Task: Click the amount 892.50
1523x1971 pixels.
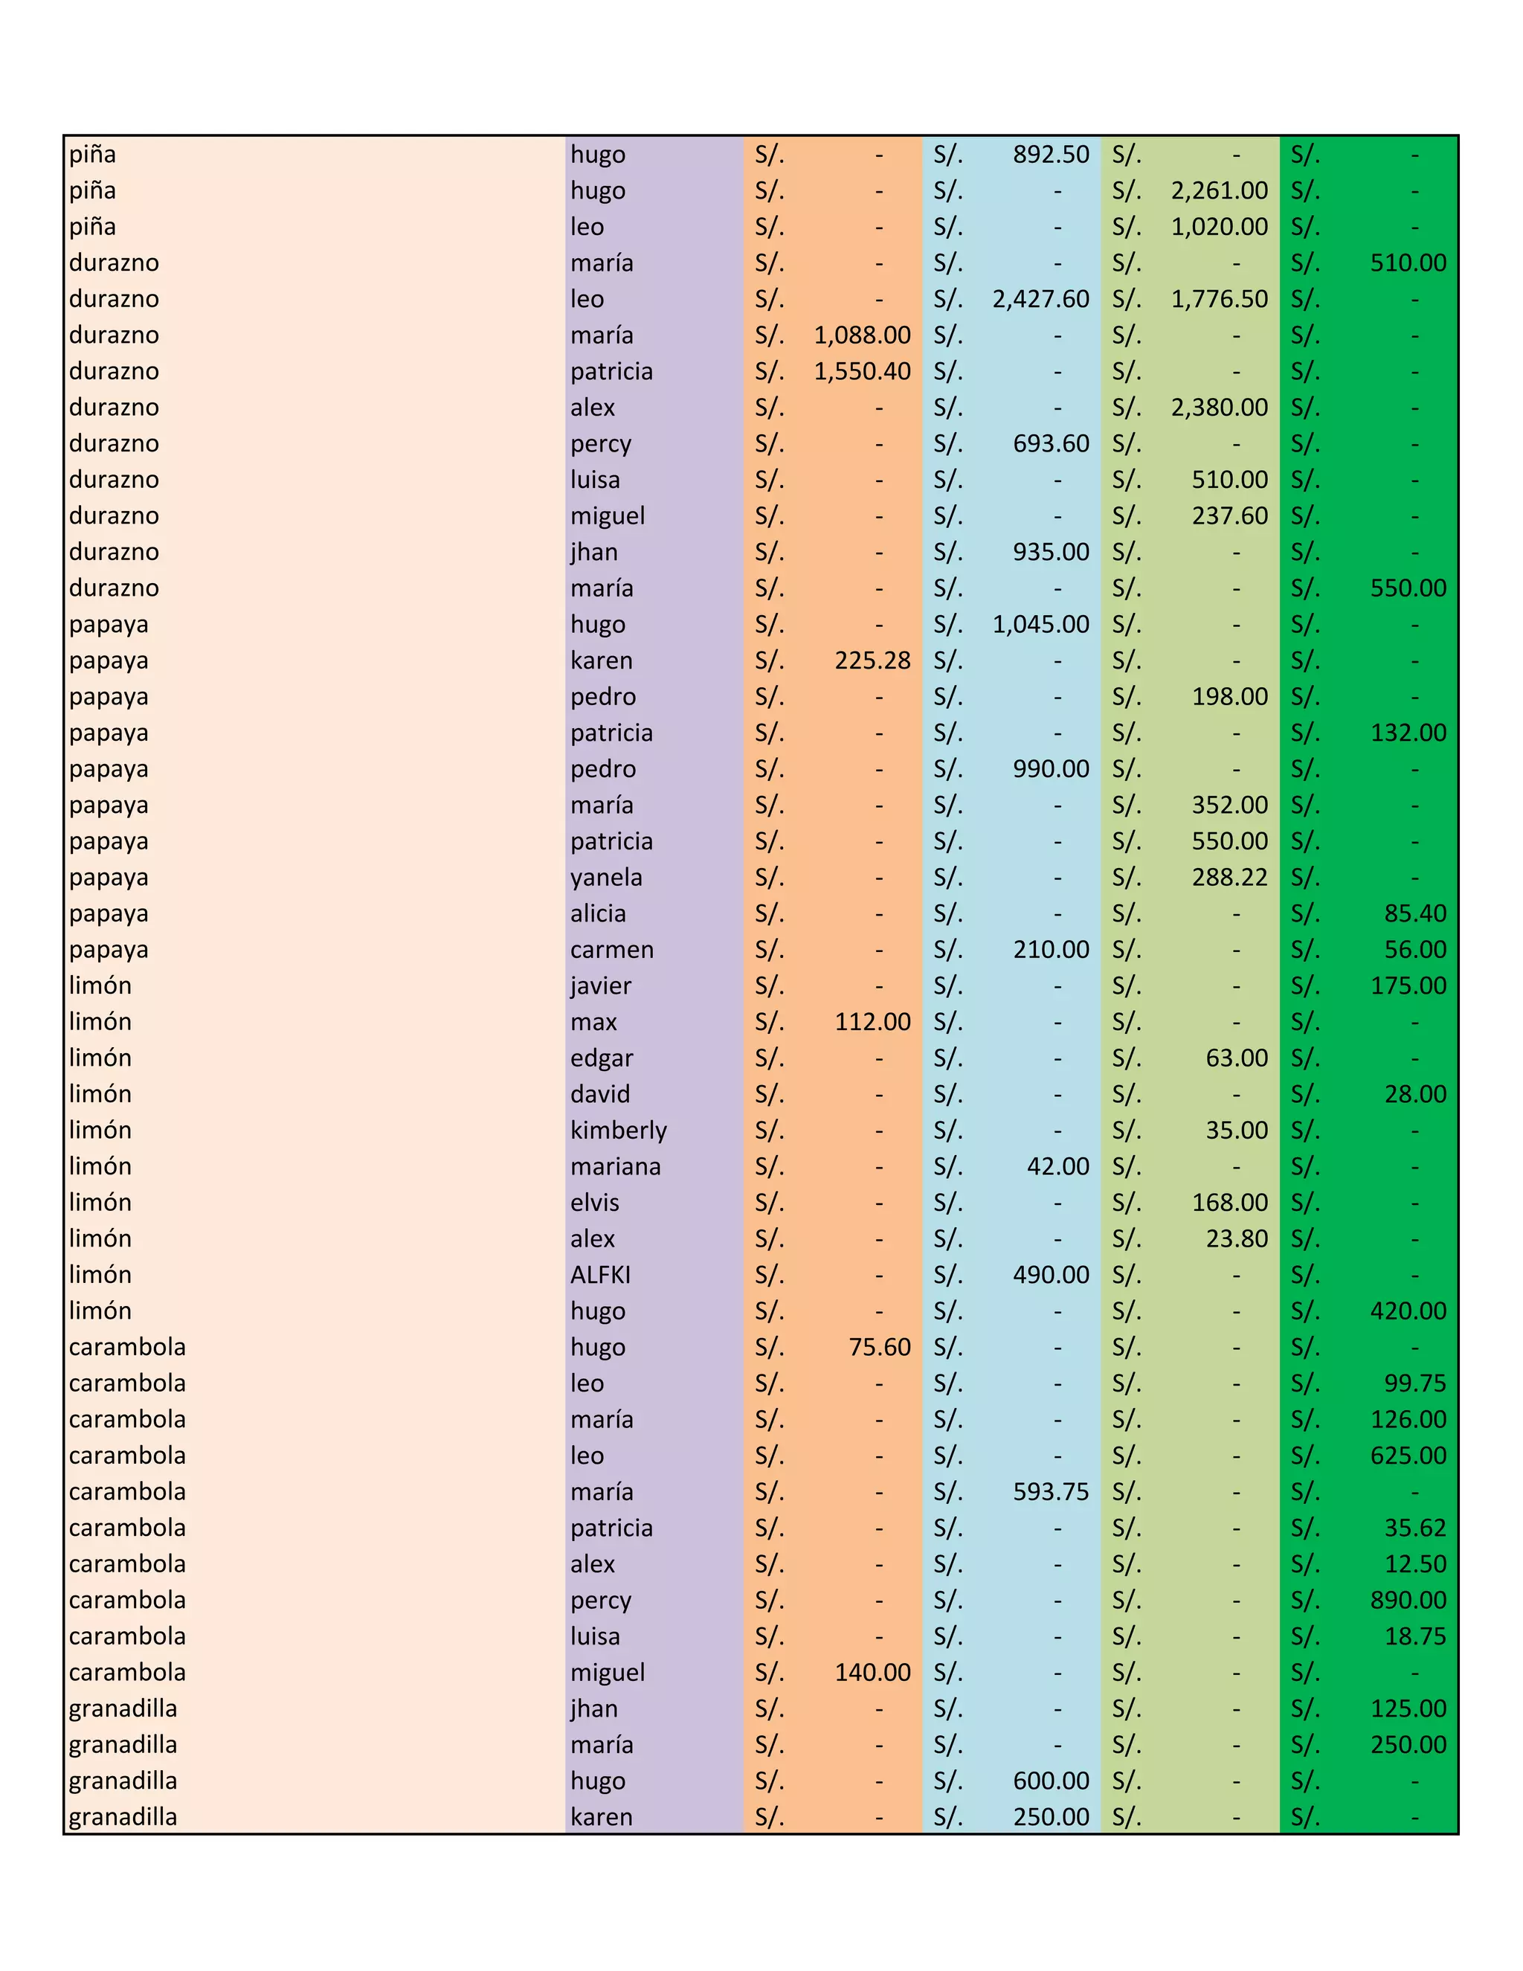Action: (1050, 154)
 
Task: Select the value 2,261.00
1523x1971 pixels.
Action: (1219, 190)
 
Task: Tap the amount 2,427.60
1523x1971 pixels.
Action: (1040, 299)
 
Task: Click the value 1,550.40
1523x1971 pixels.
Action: (862, 371)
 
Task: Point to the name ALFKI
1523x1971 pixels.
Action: (600, 1274)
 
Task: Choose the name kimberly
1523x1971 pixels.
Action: (618, 1130)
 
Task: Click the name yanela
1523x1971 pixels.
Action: (606, 877)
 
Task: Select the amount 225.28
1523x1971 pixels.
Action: (872, 660)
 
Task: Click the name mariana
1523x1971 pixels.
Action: (615, 1166)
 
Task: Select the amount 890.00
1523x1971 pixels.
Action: (1408, 1599)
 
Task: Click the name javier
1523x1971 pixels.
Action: (601, 985)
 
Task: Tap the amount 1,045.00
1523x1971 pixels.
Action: (1040, 625)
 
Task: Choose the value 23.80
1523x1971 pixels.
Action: (1236, 1238)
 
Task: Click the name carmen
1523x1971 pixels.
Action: (612, 949)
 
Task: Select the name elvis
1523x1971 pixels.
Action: (595, 1202)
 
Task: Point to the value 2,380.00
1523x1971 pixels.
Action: (1219, 407)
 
